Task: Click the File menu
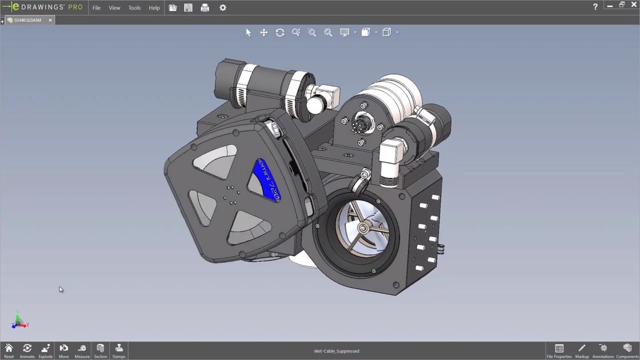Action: pos(97,8)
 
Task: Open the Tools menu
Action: pos(134,8)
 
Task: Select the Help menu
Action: pos(154,8)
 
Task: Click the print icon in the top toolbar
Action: pos(205,8)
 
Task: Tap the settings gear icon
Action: pos(223,8)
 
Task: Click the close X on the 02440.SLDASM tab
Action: pos(50,20)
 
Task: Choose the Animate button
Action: pos(27,350)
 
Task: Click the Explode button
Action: pos(46,350)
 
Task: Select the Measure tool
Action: pos(82,350)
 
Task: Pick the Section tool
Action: pos(101,350)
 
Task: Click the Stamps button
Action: pos(119,350)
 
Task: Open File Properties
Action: pos(559,350)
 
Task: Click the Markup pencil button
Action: pos(582,350)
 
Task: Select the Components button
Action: pos(627,350)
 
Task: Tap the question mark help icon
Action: pos(595,7)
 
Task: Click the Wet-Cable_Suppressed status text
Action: pos(337,351)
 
